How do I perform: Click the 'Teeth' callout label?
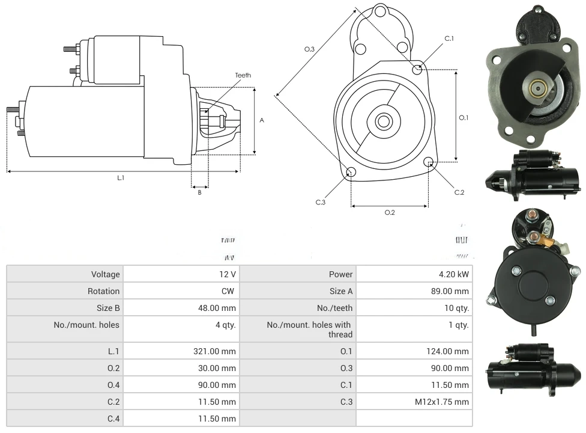(x=243, y=75)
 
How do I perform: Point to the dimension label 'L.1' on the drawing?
(x=121, y=177)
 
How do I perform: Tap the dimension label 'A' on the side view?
(x=262, y=120)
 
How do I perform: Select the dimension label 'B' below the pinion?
(x=199, y=192)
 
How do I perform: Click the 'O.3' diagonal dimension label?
(x=309, y=49)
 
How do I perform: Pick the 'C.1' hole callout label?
(x=449, y=38)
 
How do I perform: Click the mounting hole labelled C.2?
(x=429, y=162)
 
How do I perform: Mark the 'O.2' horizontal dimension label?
(x=389, y=212)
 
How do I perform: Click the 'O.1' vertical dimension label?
(x=464, y=118)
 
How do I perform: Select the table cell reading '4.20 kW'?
(x=454, y=274)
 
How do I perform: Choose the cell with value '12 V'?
(x=228, y=274)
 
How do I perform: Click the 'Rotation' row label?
(x=105, y=291)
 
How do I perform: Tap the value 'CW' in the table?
(x=229, y=291)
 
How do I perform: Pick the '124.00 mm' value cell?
(x=447, y=351)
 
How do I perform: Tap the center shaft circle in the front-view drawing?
(x=383, y=121)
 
